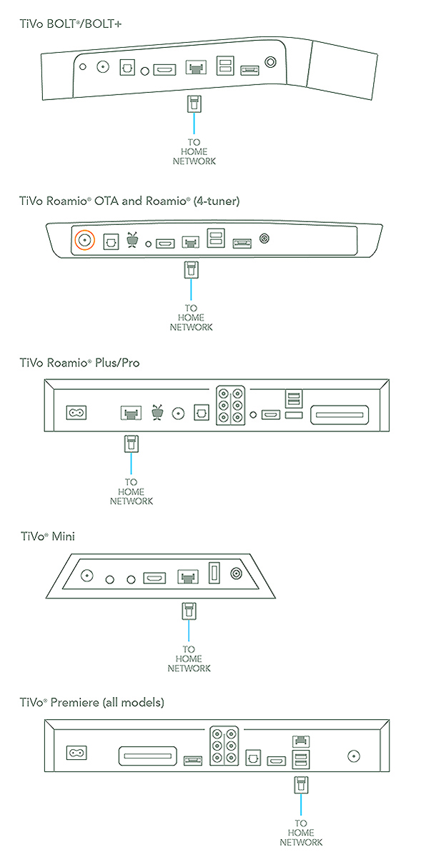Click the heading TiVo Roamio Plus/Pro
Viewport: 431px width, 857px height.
[79, 363]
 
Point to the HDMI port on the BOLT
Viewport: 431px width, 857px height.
[165, 70]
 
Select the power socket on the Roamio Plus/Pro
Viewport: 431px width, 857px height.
[75, 413]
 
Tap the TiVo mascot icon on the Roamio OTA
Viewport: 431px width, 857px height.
[132, 240]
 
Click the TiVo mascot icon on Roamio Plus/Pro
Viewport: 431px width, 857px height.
[157, 412]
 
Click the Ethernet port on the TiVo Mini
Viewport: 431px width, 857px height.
[187, 576]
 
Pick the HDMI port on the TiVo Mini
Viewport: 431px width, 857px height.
[155, 576]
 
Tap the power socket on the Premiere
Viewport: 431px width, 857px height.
[75, 753]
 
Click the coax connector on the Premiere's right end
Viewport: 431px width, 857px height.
[355, 754]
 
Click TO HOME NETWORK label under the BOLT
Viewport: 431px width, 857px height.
[194, 151]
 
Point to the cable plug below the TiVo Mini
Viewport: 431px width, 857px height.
[187, 611]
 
